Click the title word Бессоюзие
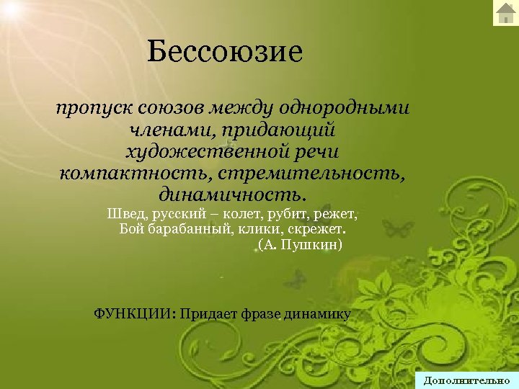[x=223, y=52]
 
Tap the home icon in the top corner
[x=505, y=12]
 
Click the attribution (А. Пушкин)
[x=299, y=246]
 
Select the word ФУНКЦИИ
[x=136, y=313]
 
